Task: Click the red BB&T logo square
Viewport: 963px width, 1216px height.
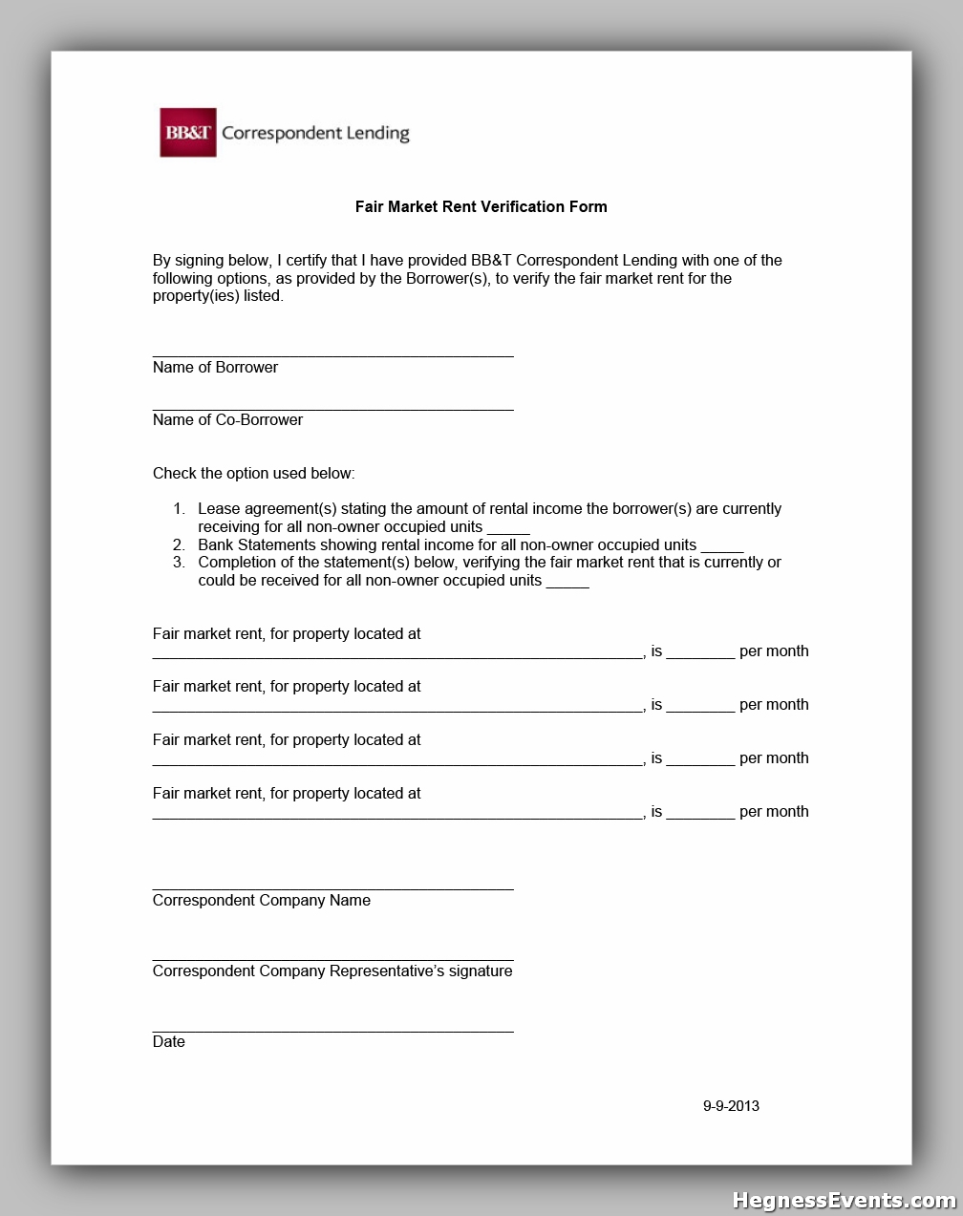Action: pyautogui.click(x=187, y=133)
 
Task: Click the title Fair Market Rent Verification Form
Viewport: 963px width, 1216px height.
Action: pyautogui.click(x=481, y=206)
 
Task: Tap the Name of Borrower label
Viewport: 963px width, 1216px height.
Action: pyautogui.click(x=215, y=368)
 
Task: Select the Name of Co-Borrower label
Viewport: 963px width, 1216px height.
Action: pyautogui.click(x=227, y=420)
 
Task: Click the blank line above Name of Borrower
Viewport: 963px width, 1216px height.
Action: pyautogui.click(x=332, y=355)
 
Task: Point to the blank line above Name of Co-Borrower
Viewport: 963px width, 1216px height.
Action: pyautogui.click(x=332, y=409)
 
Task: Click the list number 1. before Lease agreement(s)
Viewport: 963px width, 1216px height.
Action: pyautogui.click(x=179, y=509)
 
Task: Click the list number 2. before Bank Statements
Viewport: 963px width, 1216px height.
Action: pyautogui.click(x=179, y=545)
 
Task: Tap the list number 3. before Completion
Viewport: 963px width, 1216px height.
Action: pyautogui.click(x=179, y=563)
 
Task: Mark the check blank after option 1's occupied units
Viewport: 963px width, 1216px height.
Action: pyautogui.click(x=508, y=531)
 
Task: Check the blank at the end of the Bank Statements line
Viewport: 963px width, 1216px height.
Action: pyautogui.click(x=721, y=549)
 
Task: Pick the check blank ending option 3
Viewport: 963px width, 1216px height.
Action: pyautogui.click(x=567, y=585)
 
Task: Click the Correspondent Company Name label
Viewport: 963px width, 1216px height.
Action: pyautogui.click(x=261, y=901)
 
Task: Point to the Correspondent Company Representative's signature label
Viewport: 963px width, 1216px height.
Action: pyautogui.click(x=332, y=971)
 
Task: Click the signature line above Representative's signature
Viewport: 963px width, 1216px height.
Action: pyautogui.click(x=332, y=959)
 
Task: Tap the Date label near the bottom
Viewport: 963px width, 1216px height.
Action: pyautogui.click(x=168, y=1042)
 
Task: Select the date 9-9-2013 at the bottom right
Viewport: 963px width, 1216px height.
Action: pyautogui.click(x=731, y=1106)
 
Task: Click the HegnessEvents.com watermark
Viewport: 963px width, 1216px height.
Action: pyautogui.click(x=844, y=1201)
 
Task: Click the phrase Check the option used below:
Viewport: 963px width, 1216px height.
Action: pyautogui.click(x=253, y=474)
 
